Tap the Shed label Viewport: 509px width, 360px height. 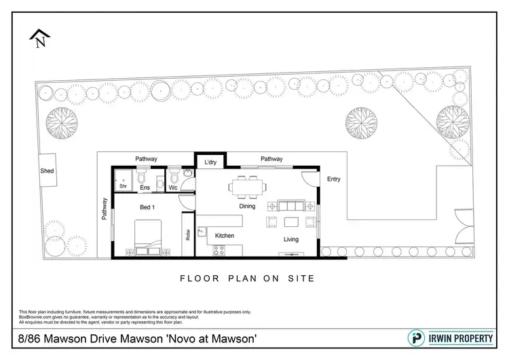click(47, 171)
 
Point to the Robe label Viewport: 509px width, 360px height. click(187, 235)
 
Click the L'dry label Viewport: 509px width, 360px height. click(210, 162)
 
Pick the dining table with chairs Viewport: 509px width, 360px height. click(246, 185)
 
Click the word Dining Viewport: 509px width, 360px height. click(246, 206)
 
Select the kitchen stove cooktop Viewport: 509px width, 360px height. click(219, 249)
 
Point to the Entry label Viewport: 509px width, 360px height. click(334, 179)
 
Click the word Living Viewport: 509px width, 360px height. click(291, 239)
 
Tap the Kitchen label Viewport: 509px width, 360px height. click(225, 236)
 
